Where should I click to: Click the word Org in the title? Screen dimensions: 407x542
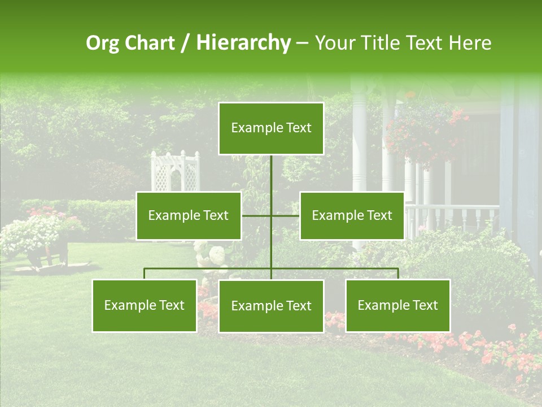coord(102,43)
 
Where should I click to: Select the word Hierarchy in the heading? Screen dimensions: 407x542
coord(243,43)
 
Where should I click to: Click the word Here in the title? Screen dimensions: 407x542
coord(469,43)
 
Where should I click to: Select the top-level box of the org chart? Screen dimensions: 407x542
coord(271,128)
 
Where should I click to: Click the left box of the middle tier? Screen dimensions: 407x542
coord(189,215)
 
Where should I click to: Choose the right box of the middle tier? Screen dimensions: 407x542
coord(352,215)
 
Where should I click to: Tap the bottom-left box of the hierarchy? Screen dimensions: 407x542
coord(145,305)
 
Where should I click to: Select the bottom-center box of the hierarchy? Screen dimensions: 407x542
coord(271,306)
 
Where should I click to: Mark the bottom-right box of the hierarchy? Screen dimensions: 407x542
coord(398,305)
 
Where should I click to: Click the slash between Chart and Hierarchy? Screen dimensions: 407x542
coord(185,43)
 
